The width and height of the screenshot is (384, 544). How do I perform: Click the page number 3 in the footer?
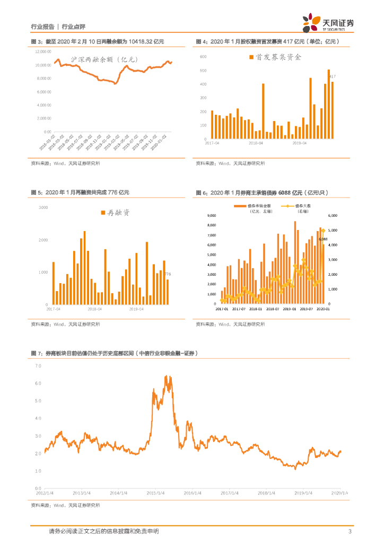click(x=350, y=531)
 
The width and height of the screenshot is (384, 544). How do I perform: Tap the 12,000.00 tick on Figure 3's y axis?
click(x=43, y=52)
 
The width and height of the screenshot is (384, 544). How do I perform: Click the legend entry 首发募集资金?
click(x=275, y=56)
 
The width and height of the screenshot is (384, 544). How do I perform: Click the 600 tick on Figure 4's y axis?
click(x=203, y=56)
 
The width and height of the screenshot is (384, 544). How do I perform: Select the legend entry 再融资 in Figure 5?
click(x=115, y=213)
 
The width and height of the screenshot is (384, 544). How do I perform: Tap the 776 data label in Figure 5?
click(x=167, y=274)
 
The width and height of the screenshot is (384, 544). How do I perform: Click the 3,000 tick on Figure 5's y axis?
click(x=43, y=207)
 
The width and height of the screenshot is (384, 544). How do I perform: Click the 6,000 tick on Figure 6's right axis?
click(x=333, y=216)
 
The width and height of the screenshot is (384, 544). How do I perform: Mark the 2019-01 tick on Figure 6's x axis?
click(x=290, y=309)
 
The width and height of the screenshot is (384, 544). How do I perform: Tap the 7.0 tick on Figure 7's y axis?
click(x=38, y=366)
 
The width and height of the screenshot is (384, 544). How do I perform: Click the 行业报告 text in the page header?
click(x=42, y=27)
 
